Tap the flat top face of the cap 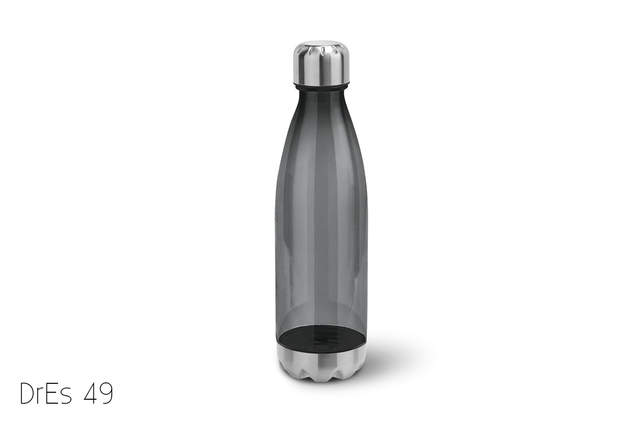(321, 44)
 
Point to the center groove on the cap (323, 51)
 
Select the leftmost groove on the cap (300, 51)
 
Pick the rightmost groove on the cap (343, 51)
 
